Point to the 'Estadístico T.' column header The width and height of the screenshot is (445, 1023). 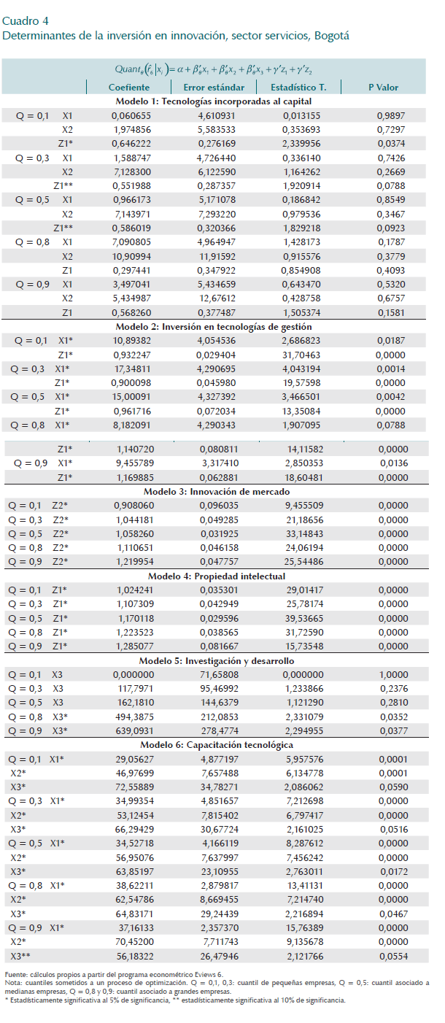click(x=298, y=88)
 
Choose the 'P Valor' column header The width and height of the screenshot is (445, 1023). click(x=383, y=88)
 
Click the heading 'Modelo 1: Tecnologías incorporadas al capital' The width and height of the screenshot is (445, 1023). click(x=214, y=101)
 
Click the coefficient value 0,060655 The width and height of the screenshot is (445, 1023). click(x=132, y=116)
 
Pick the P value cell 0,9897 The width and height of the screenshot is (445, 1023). click(x=391, y=116)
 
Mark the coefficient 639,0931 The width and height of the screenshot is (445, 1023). click(x=132, y=730)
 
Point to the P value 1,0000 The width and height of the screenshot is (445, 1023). click(x=391, y=674)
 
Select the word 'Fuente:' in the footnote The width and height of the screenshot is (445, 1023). click(x=15, y=975)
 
